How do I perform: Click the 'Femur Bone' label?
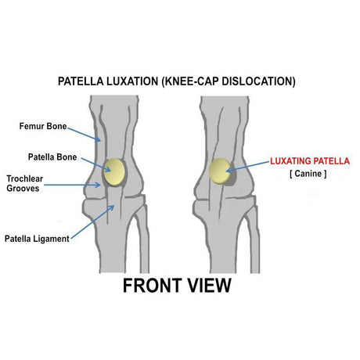pyautogui.click(x=43, y=126)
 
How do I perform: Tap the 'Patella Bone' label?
pyautogui.click(x=52, y=157)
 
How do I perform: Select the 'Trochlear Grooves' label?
pyautogui.click(x=25, y=183)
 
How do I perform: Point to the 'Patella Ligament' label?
pyautogui.click(x=37, y=239)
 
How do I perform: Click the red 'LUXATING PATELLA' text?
pyautogui.click(x=310, y=161)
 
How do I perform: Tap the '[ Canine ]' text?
pyautogui.click(x=308, y=174)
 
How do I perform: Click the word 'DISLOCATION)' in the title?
pyautogui.click(x=259, y=81)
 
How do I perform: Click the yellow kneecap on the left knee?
pyautogui.click(x=114, y=172)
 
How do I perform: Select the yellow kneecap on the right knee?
pyautogui.click(x=220, y=171)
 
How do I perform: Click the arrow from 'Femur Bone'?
pyautogui.click(x=85, y=135)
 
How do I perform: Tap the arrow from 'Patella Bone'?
pyautogui.click(x=96, y=165)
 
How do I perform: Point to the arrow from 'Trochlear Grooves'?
pyautogui.click(x=72, y=185)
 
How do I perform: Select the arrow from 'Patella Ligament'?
pyautogui.click(x=93, y=221)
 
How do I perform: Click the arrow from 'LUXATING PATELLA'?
pyautogui.click(x=247, y=167)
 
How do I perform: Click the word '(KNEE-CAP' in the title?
pyautogui.click(x=190, y=81)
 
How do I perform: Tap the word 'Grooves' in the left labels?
pyautogui.click(x=23, y=189)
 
